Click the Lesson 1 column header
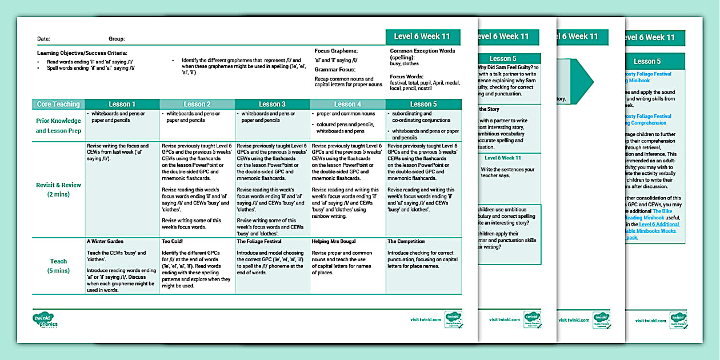coord(122,104)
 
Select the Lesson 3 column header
coord(272,104)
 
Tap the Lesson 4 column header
coord(347,104)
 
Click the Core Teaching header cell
coord(58,104)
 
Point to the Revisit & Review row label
coord(58,189)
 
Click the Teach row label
coord(58,266)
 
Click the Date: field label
coord(43,39)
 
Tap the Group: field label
coord(117,39)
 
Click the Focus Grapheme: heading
coord(336,51)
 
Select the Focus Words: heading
coord(406,76)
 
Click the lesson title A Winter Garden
coord(105,242)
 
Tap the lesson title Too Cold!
coord(174,242)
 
